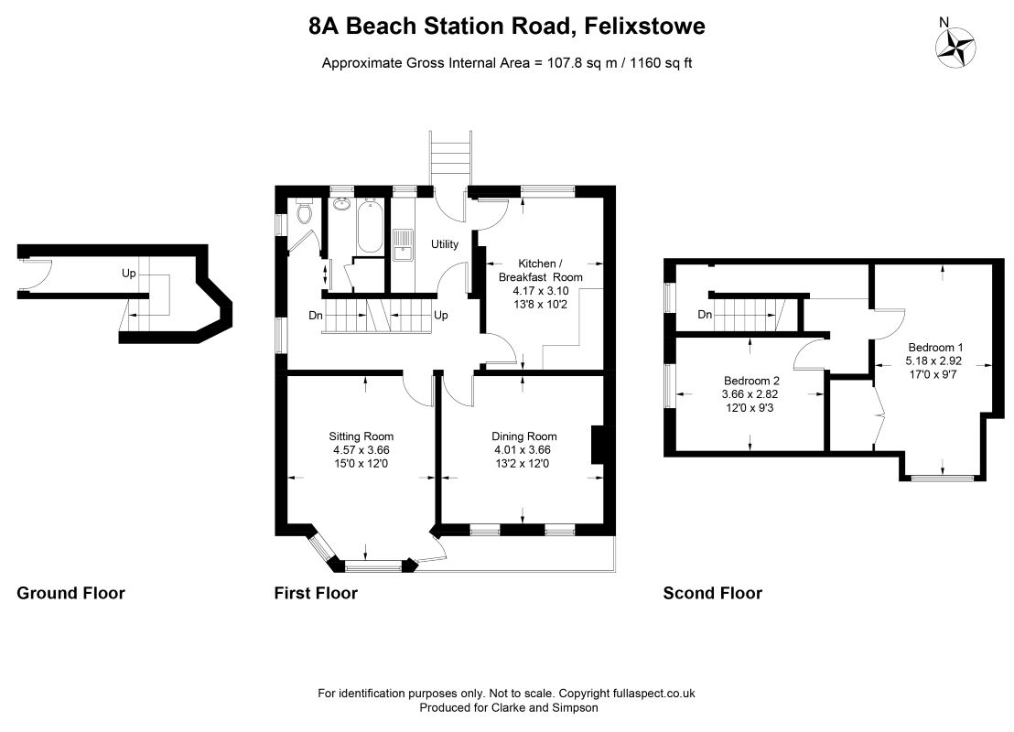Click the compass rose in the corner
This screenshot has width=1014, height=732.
pyautogui.click(x=955, y=48)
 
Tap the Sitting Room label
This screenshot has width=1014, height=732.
pyautogui.click(x=361, y=436)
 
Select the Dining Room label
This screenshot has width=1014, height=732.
pyautogui.click(x=523, y=436)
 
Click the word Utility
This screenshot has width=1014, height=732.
pyautogui.click(x=445, y=243)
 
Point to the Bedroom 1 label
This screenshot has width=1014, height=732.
pyautogui.click(x=935, y=348)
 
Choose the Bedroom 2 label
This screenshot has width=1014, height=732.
pyautogui.click(x=751, y=381)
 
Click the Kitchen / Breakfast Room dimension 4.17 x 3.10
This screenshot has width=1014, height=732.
pyautogui.click(x=541, y=291)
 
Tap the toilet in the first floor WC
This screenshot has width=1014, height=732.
pyautogui.click(x=304, y=211)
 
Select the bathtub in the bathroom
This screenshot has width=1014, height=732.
pyautogui.click(x=370, y=226)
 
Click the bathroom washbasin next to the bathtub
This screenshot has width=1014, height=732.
pyautogui.click(x=340, y=205)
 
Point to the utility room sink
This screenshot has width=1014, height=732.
pyautogui.click(x=403, y=245)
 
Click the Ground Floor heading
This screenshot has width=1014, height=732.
pyautogui.click(x=70, y=593)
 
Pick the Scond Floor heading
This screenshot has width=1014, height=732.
pyautogui.click(x=713, y=593)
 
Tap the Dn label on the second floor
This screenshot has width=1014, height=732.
pyautogui.click(x=705, y=314)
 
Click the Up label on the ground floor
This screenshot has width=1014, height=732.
pyautogui.click(x=129, y=273)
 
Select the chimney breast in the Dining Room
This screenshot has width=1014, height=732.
pyautogui.click(x=599, y=445)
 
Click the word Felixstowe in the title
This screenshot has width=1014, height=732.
pyautogui.click(x=645, y=26)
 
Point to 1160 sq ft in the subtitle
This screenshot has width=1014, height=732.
pyautogui.click(x=661, y=63)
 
